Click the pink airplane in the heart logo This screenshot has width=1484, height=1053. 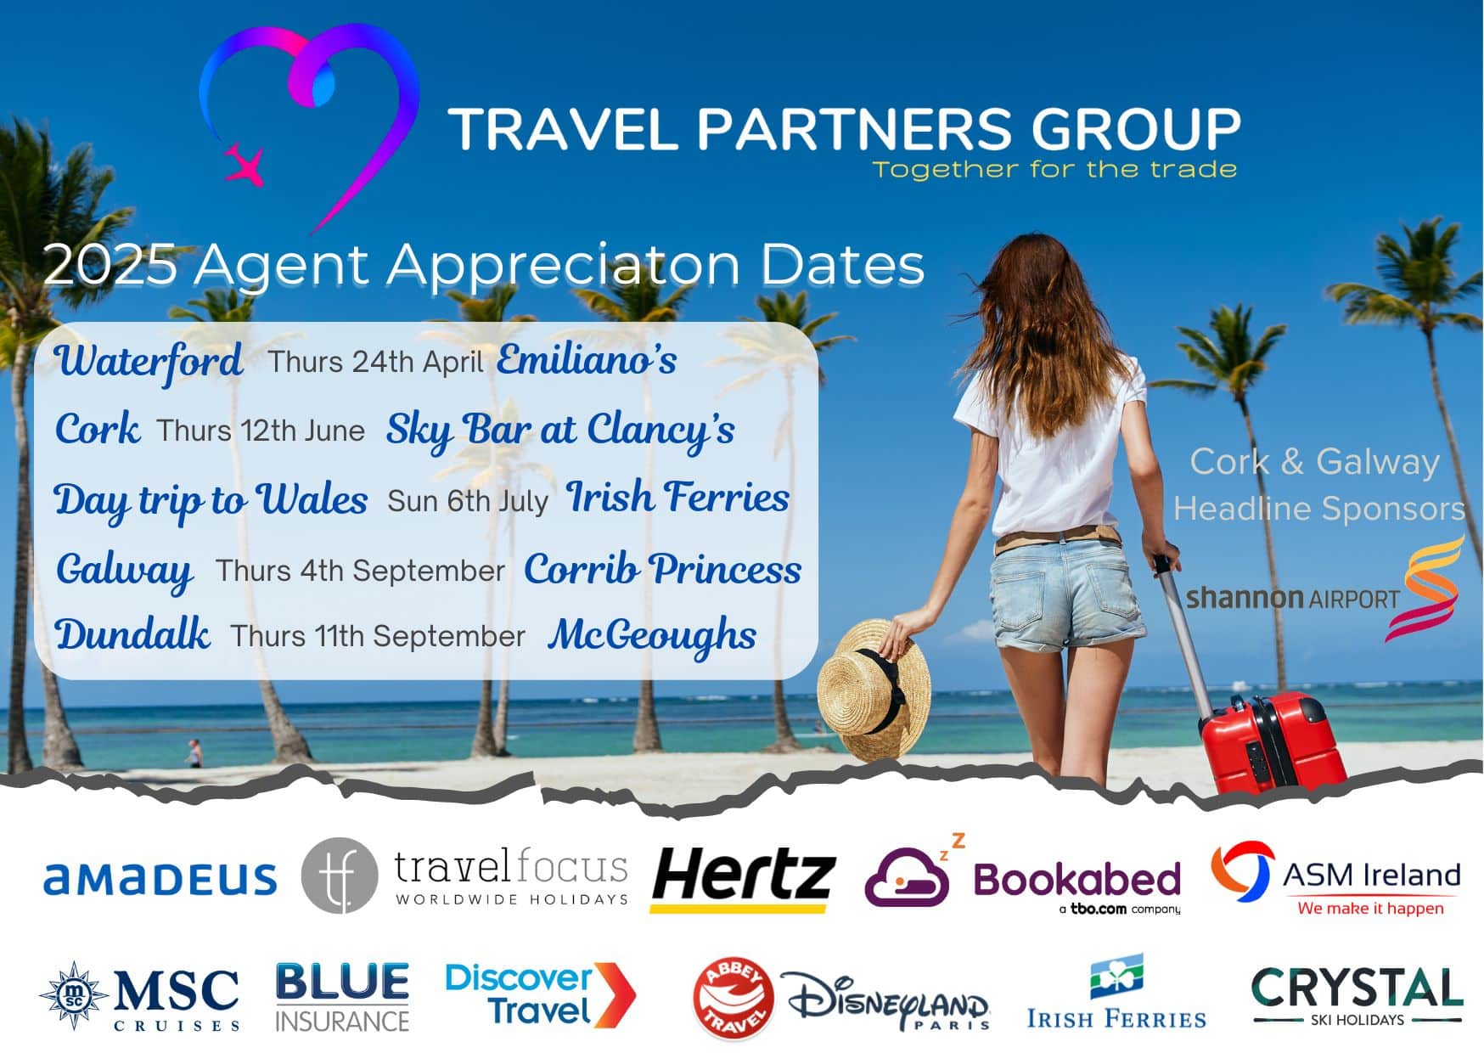coord(244,165)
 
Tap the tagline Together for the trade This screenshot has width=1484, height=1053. coord(1054,169)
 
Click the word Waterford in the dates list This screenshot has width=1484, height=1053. coord(149,361)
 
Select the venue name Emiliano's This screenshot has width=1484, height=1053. coord(587,359)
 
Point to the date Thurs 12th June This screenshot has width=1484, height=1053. coord(261,431)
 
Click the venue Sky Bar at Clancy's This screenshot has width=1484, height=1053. coord(560,430)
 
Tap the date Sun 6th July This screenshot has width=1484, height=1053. coord(468,501)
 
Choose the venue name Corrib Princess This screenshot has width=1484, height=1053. coord(662,569)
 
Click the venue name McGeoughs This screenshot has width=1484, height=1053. coord(652,636)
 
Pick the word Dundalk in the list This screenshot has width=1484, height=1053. coord(132,634)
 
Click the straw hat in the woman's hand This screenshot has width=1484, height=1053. coord(874,689)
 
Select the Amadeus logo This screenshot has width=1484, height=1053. coord(160,879)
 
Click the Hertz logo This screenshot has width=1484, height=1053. coord(743,880)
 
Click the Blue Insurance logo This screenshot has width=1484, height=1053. coord(342,997)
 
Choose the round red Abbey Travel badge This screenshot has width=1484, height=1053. coord(734,1000)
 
